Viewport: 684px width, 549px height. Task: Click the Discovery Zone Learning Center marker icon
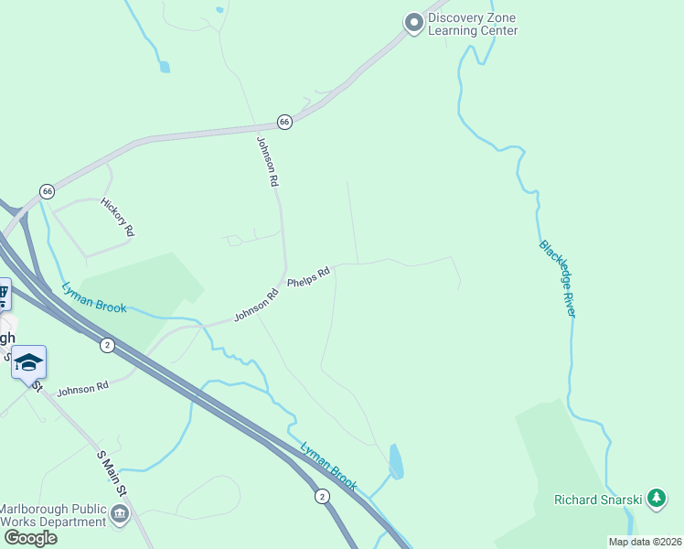coord(414,22)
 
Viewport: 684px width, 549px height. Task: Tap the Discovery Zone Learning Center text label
coord(473,25)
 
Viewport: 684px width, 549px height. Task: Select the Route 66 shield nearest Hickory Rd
coord(48,190)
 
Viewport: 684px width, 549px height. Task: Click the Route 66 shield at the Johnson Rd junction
coord(284,122)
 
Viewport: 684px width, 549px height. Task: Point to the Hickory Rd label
coord(118,218)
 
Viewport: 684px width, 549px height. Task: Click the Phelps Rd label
coord(308,277)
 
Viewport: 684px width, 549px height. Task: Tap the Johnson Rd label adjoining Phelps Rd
coord(255,306)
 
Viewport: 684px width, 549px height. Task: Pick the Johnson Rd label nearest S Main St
coord(82,389)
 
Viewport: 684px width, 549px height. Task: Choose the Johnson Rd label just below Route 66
coord(266,162)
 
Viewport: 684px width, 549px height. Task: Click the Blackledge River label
coord(557,279)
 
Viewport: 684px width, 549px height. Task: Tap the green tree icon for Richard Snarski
coord(656,499)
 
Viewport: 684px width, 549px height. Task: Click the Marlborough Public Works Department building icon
coord(120,516)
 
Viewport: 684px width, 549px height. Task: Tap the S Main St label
coord(111,473)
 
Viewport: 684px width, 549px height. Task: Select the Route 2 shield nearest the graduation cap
coord(108,344)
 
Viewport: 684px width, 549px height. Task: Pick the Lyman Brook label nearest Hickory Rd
coord(94,297)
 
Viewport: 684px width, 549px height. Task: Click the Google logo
coord(31,537)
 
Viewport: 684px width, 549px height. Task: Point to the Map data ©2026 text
coord(645,542)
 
